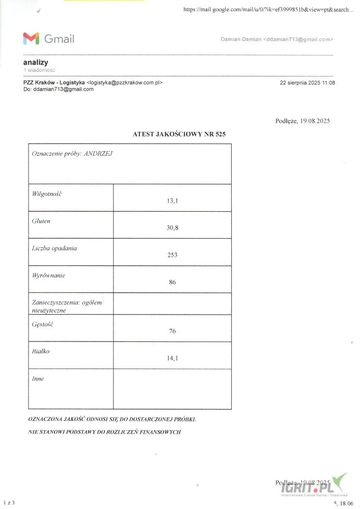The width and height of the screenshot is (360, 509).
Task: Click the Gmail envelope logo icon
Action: (x=31, y=38)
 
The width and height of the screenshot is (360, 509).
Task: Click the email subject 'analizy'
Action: (x=36, y=62)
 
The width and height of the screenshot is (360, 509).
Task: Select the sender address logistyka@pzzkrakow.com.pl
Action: (x=125, y=82)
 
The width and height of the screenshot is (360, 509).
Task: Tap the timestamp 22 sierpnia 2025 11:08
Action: (x=308, y=82)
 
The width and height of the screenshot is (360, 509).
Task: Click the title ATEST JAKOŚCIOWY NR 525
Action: (x=179, y=134)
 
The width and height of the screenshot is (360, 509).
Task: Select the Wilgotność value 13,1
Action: (x=172, y=201)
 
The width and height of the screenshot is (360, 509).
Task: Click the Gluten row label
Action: (x=41, y=221)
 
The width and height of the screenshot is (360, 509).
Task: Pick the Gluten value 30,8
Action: (x=172, y=228)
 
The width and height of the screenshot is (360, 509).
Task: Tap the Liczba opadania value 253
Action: (x=172, y=254)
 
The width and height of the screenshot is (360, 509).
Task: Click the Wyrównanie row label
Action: (x=48, y=275)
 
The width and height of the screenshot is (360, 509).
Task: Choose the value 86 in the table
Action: (x=172, y=282)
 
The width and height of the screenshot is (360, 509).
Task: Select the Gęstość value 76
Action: (x=172, y=331)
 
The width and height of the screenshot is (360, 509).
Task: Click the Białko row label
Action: (x=41, y=351)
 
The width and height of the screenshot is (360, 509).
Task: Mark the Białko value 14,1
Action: (x=172, y=358)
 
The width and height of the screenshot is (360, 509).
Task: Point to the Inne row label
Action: (x=38, y=379)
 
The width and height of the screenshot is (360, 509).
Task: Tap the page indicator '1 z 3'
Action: (x=9, y=503)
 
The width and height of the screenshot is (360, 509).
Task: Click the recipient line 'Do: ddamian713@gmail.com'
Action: (x=59, y=89)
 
